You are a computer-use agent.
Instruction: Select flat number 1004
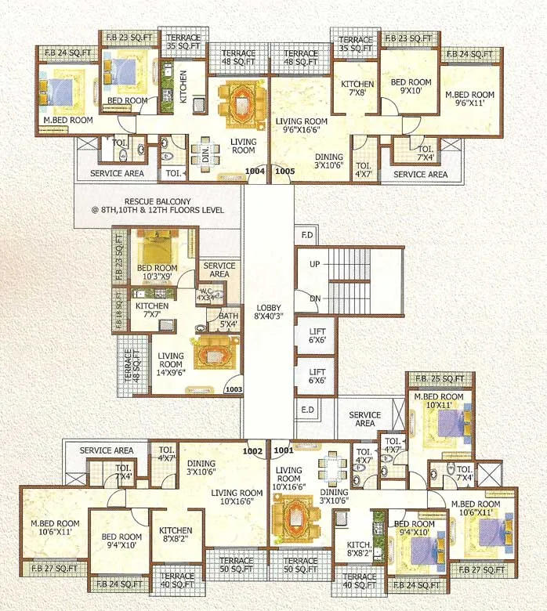pyautogui.click(x=255, y=170)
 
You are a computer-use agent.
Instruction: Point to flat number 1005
pyautogui.click(x=284, y=170)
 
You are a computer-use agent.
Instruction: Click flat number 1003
pyautogui.click(x=233, y=389)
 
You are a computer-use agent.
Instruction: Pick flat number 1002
pyautogui.click(x=252, y=450)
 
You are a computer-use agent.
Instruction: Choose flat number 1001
pyautogui.click(x=282, y=450)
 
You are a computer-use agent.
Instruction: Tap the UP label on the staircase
pyautogui.click(x=314, y=265)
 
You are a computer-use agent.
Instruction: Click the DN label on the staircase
pyautogui.click(x=314, y=298)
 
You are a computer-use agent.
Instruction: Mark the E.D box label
pyautogui.click(x=306, y=409)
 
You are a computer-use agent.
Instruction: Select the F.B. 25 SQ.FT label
pyautogui.click(x=440, y=379)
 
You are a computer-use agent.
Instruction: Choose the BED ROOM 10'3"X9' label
pyautogui.click(x=157, y=273)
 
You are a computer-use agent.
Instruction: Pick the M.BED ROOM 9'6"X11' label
pyautogui.click(x=469, y=97)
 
